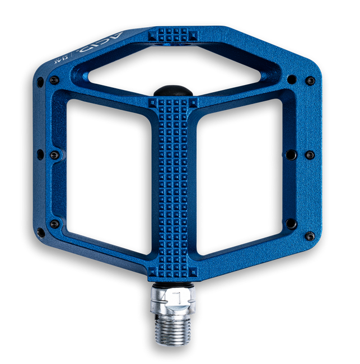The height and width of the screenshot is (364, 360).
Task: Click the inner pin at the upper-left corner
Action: [54, 81]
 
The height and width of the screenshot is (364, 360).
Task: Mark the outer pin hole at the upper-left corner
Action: [40, 82]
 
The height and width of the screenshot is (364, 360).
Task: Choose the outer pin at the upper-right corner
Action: [310, 81]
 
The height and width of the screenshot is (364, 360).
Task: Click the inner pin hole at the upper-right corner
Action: [291, 79]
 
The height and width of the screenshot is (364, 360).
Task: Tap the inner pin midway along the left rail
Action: [54, 155]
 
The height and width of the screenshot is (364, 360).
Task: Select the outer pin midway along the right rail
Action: [310, 154]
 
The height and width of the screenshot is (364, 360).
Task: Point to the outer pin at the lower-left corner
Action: [40, 231]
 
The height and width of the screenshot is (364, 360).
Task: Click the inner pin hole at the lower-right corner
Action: [291, 224]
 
